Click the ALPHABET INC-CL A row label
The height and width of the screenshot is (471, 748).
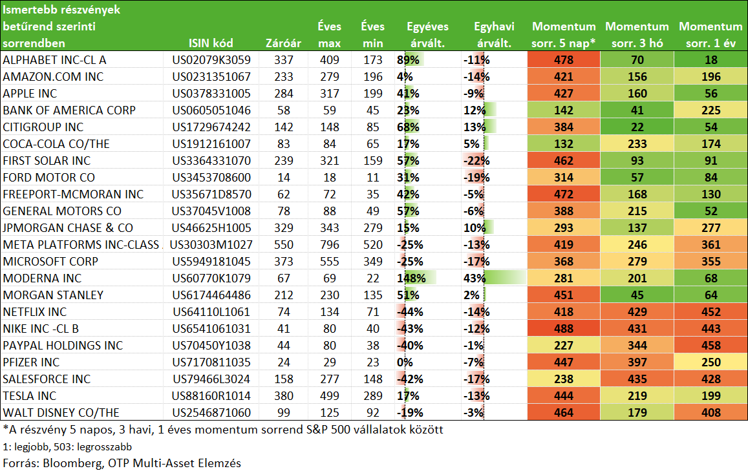pos(54,60)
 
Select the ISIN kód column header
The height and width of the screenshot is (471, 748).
pos(211,43)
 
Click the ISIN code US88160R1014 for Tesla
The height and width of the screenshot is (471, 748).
pos(211,396)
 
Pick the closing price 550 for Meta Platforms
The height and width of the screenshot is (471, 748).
pos(284,245)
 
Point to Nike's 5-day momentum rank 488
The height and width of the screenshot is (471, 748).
pos(563,329)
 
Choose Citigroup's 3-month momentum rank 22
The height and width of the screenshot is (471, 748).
pos(637,127)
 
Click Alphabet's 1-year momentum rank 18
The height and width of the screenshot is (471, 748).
pos(711,60)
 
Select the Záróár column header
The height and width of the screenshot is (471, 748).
pos(283,43)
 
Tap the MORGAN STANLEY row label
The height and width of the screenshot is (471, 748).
pos(53,295)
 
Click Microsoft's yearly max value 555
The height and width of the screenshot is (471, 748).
pos(330,262)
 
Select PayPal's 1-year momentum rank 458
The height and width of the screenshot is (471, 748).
pos(711,346)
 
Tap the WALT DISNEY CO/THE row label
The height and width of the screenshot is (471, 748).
pos(61,413)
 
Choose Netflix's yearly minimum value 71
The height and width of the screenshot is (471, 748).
pos(372,312)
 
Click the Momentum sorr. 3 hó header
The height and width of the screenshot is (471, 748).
pos(637,35)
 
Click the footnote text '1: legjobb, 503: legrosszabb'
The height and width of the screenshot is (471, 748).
pos(67,447)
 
